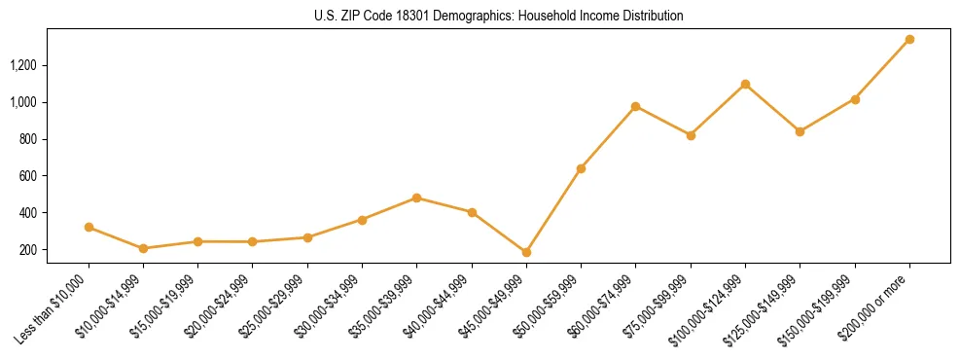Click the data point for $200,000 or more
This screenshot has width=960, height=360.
[909, 40]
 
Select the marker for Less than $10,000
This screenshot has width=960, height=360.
[89, 228]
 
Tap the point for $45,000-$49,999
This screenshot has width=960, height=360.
[526, 252]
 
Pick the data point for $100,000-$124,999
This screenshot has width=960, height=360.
[745, 85]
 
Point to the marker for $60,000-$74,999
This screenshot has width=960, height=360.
[635, 106]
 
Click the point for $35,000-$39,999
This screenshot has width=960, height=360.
[417, 198]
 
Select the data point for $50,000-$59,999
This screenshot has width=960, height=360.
[581, 168]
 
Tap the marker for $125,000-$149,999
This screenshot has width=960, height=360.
[800, 131]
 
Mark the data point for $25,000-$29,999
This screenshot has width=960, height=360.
[307, 237]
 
